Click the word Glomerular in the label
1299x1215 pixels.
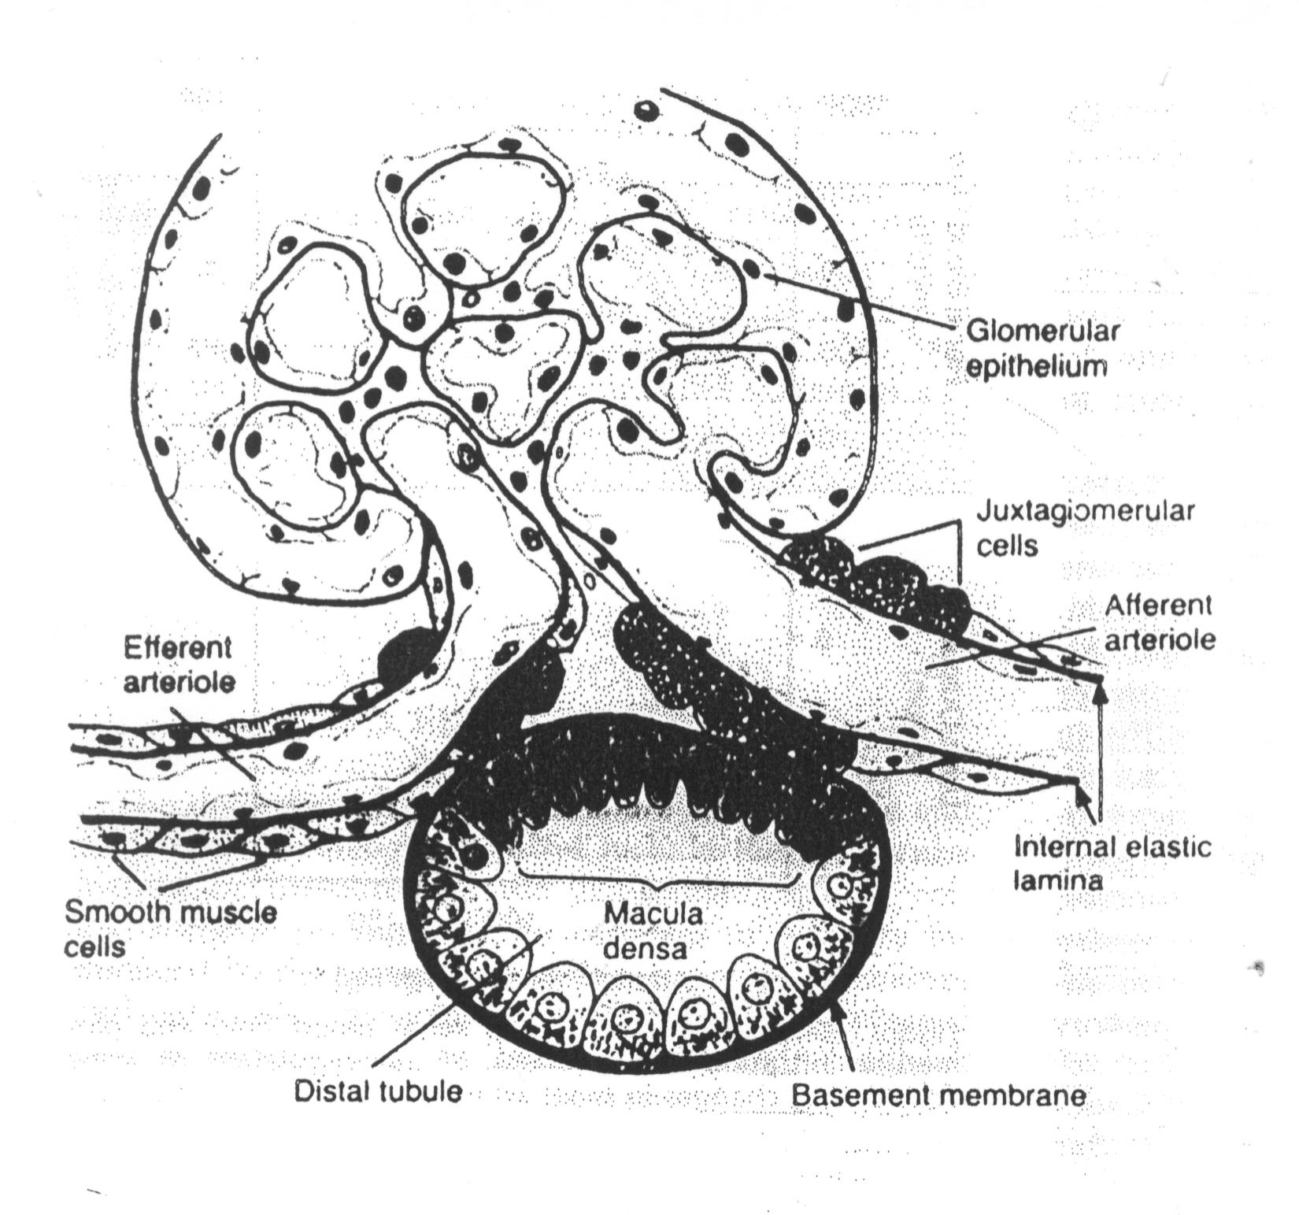pos(1042,331)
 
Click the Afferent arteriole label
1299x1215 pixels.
pos(1160,622)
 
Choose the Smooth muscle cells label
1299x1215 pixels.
pos(169,928)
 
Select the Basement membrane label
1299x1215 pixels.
pos(938,1095)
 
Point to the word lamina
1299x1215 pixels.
pos(1057,880)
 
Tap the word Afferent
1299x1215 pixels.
pos(1157,606)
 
